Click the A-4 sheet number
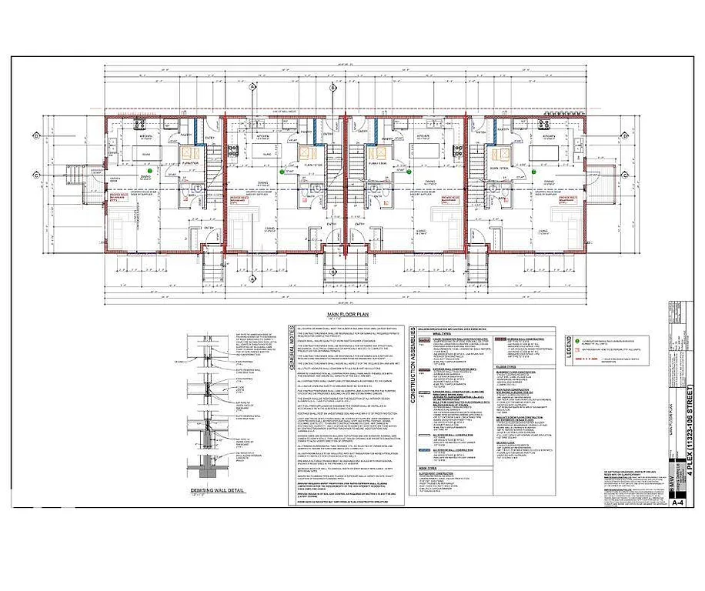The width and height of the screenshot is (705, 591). point(678,504)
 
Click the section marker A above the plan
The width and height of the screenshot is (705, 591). point(252,86)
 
